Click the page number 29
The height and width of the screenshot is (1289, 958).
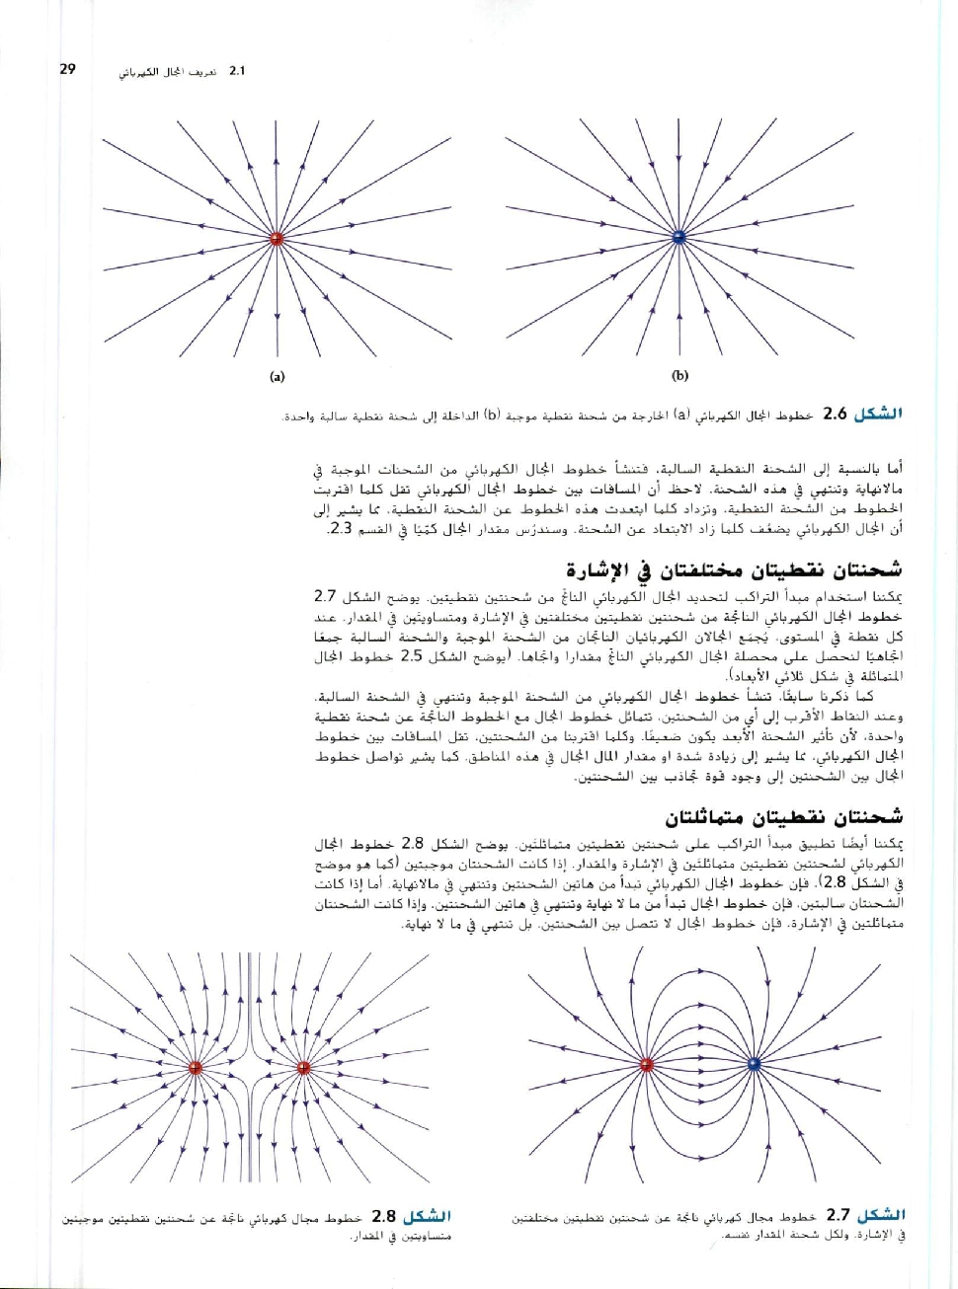(68, 70)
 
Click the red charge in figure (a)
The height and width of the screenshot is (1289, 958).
(277, 239)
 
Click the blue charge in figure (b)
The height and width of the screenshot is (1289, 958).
(679, 238)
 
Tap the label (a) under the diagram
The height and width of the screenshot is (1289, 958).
(277, 376)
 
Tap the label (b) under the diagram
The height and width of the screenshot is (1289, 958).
(679, 375)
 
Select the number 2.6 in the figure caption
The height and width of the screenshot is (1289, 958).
(836, 414)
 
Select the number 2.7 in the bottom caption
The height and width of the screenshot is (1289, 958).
(838, 1216)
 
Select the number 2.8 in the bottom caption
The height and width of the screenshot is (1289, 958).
(384, 1216)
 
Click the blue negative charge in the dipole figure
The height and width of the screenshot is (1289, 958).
(754, 1064)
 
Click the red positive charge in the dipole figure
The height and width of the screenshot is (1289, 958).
(648, 1064)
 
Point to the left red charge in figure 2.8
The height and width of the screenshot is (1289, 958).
(195, 1067)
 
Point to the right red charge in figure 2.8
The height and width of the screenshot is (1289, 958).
(303, 1067)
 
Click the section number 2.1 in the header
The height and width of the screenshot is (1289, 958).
(237, 71)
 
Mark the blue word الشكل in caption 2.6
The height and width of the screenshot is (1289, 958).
(878, 414)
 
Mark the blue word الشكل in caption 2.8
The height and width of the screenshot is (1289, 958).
(427, 1216)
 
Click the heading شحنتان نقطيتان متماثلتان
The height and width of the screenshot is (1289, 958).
(783, 817)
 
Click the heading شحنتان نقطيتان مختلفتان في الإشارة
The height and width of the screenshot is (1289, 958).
(734, 570)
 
